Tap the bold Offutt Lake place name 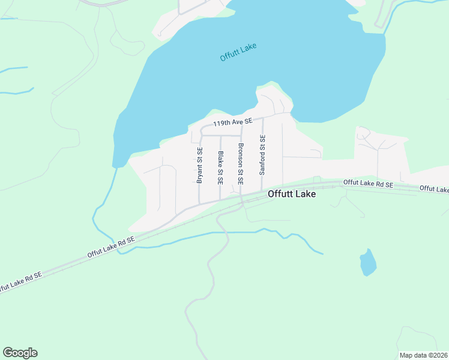(x=292, y=194)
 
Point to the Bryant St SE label (x=200, y=165)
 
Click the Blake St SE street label (x=220, y=167)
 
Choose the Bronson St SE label (x=241, y=163)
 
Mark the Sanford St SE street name (x=262, y=155)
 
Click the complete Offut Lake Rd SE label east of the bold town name (x=368, y=184)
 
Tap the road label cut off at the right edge (x=434, y=188)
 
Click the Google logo (x=20, y=353)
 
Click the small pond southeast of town (x=368, y=262)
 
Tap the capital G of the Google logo (x=8, y=353)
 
